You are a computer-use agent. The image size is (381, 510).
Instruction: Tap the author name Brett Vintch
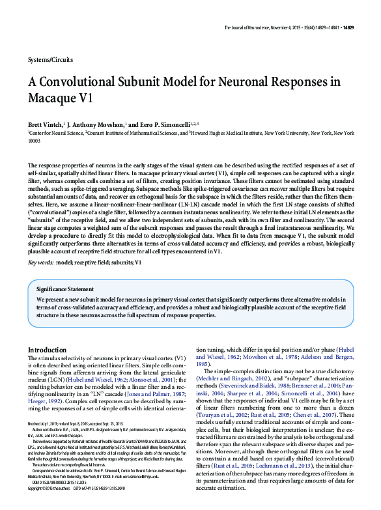45,124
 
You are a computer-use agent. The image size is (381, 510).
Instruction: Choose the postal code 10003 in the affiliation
35,139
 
